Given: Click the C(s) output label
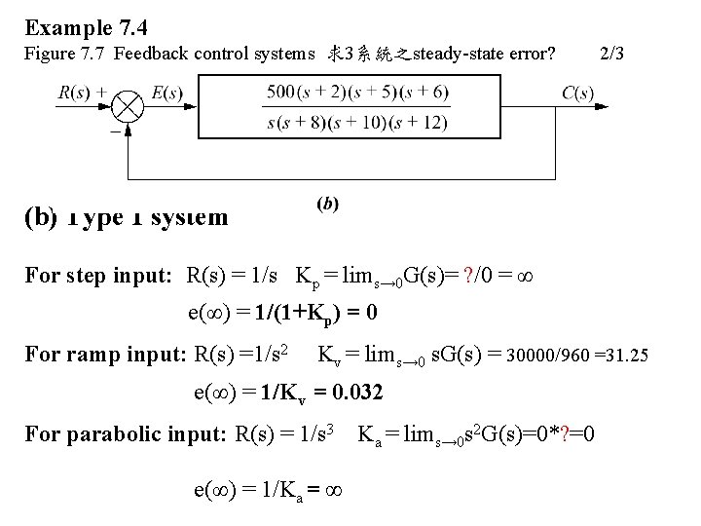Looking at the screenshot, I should pos(577,94).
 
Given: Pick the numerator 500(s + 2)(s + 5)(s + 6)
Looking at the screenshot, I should pos(357,93).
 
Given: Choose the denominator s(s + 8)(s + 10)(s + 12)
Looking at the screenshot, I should pos(357,122).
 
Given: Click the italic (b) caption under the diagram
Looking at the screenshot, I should pos(328,204).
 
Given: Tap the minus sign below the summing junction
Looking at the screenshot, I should pos(115,130).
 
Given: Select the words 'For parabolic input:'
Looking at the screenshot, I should pos(127,432).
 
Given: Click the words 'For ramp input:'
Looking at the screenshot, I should pos(104,353).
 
